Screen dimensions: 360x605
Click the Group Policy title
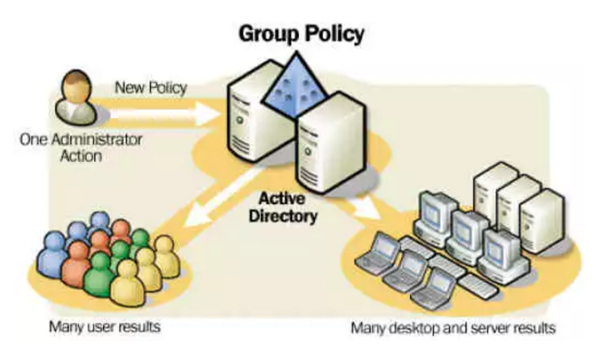pos(301,34)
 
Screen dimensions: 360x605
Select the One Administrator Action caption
pos(81,147)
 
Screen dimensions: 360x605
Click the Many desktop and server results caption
pos(454,329)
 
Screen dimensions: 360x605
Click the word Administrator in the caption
pos(94,140)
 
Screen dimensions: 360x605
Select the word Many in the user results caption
pos(64,327)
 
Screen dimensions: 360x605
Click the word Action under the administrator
pos(81,155)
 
